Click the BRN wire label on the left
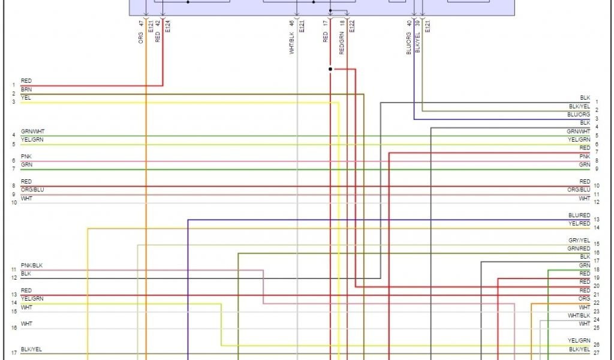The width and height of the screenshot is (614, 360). (26, 89)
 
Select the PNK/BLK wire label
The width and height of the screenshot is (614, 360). (32, 265)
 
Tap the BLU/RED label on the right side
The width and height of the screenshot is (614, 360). (579, 215)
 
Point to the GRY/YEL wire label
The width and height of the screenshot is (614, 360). (579, 241)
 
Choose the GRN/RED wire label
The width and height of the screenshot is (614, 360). (579, 248)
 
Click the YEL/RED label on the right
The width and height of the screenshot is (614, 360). (579, 224)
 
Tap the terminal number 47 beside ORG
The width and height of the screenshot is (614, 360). (141, 23)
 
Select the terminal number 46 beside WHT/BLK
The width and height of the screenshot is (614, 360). (292, 23)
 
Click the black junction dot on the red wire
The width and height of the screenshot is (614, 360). (330, 69)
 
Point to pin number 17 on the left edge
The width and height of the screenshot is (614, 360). (13, 353)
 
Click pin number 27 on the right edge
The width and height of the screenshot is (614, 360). (597, 353)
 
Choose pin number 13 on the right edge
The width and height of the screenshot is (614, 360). (597, 220)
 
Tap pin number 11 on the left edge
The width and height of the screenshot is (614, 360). (13, 269)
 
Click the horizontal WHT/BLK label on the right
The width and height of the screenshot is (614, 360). (579, 316)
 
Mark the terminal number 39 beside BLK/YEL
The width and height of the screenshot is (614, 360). (417, 23)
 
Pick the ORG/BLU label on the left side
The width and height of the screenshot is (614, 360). (32, 190)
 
